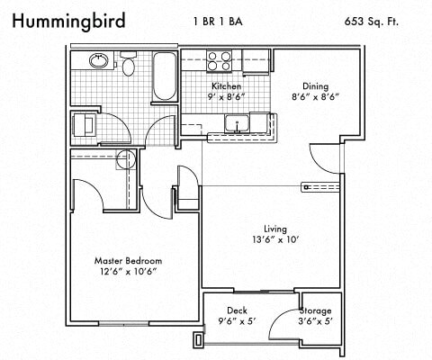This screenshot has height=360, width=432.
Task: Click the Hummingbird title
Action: click(x=68, y=22)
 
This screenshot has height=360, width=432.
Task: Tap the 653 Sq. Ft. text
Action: click(x=372, y=22)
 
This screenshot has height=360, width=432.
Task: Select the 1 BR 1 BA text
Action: click(x=218, y=22)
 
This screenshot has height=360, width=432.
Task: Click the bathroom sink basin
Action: click(x=99, y=61)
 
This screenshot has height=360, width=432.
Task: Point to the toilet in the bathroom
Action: click(x=129, y=64)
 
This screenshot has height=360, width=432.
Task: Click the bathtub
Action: click(x=164, y=76)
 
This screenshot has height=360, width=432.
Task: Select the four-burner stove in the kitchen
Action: click(x=219, y=61)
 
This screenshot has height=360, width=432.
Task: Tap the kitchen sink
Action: click(x=237, y=123)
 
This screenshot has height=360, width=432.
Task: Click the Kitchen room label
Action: click(x=227, y=86)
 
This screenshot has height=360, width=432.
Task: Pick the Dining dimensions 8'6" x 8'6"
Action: click(x=315, y=97)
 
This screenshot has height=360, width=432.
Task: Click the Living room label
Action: click(x=275, y=229)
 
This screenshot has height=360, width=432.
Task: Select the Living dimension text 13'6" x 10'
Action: click(x=276, y=240)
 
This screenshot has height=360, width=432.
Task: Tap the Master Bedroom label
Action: click(x=129, y=261)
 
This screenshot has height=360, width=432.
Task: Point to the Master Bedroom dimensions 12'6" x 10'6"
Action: click(x=129, y=272)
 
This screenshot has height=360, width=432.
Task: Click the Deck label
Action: click(x=237, y=310)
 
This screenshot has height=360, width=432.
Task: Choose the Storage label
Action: click(x=316, y=310)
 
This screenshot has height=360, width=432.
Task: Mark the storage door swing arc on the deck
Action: click(x=277, y=319)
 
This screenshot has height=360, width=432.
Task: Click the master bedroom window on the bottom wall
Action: click(x=124, y=323)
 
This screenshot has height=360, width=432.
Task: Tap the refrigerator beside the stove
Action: click(x=256, y=62)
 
